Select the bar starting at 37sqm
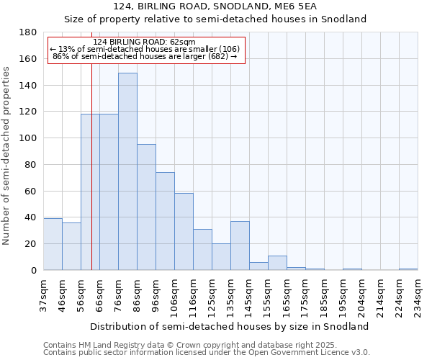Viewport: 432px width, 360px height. (53, 244)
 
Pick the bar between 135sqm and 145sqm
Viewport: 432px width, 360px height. (240, 246)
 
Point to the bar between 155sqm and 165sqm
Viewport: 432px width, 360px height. (277, 263)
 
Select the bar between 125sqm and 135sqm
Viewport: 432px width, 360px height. (221, 257)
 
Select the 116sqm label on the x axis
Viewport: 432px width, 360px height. (193, 295)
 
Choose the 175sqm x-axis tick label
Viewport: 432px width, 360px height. (305, 295)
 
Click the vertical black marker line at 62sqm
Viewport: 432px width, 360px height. (91, 180)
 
